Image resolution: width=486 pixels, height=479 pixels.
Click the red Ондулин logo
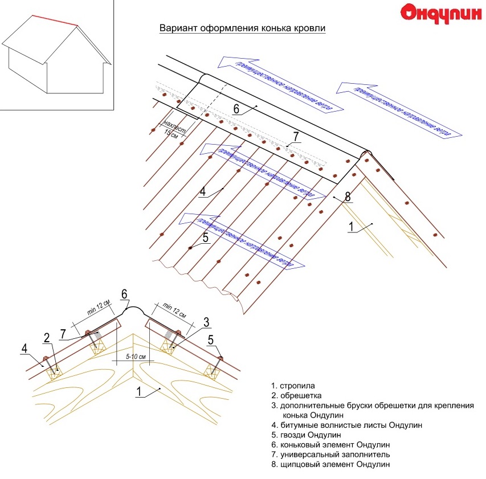[x=440, y=13]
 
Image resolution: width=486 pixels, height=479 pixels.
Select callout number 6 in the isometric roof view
[x=236, y=107]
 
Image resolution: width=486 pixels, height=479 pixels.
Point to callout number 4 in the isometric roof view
[x=202, y=191]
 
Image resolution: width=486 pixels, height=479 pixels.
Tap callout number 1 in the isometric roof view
[x=352, y=227]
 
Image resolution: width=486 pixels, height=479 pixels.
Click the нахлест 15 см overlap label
[x=170, y=128]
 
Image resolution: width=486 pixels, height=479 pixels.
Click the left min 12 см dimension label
[x=100, y=312]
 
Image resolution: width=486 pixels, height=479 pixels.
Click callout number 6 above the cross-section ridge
[x=124, y=294]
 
